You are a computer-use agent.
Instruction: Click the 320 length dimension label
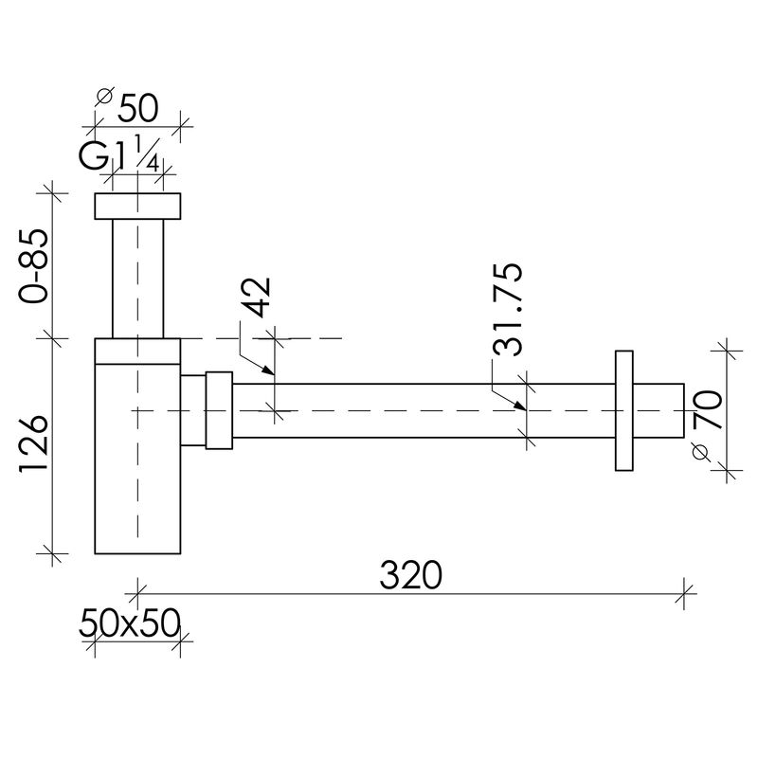[410, 575]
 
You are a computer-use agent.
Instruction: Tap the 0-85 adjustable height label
[34, 266]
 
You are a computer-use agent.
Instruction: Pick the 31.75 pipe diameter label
[508, 310]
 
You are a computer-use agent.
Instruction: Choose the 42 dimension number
[256, 297]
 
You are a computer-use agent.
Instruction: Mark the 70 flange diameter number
[708, 410]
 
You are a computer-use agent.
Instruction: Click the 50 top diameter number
[138, 108]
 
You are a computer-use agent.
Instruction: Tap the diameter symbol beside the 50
[104, 96]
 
